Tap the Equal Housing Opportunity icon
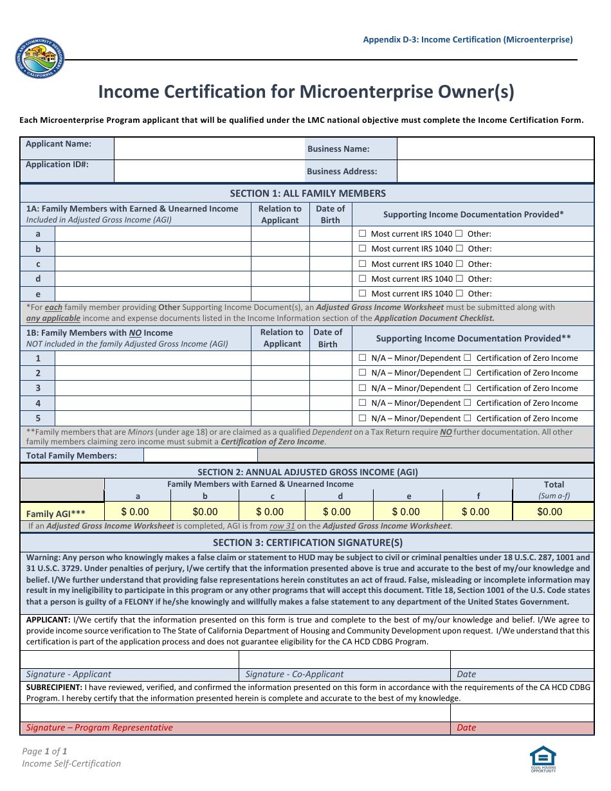tap(543, 758)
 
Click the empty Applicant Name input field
tap(209, 149)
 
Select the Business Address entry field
tap(495, 171)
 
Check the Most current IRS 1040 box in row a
tap(363, 233)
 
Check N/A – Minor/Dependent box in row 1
tap(363, 358)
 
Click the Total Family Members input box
tap(200, 455)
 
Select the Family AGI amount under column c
tap(269, 512)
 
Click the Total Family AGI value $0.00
tap(549, 512)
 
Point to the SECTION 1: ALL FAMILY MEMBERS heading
tap(307, 193)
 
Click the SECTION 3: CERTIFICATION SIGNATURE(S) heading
tap(307, 542)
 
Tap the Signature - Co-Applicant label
tap(295, 674)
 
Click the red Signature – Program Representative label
tap(100, 727)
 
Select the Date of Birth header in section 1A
tap(330, 214)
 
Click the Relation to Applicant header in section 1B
tap(282, 338)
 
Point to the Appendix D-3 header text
tap(468, 39)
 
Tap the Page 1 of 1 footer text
tap(45, 750)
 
